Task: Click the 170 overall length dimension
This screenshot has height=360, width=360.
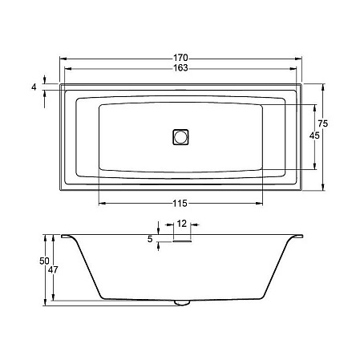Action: coord(180,58)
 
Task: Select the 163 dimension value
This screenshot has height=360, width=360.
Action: coord(180,68)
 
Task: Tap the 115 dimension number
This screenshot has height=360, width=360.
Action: coord(180,204)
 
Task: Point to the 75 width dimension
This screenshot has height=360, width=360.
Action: coord(323,123)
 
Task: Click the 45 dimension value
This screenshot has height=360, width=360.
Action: coord(314,136)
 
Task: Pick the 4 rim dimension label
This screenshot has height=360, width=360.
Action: coord(34,87)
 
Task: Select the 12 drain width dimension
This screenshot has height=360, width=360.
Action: coord(182,224)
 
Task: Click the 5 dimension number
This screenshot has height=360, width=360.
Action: coord(150,239)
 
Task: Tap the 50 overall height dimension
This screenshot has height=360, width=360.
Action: coord(44,261)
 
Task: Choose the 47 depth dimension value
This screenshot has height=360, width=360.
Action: coord(53,270)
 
